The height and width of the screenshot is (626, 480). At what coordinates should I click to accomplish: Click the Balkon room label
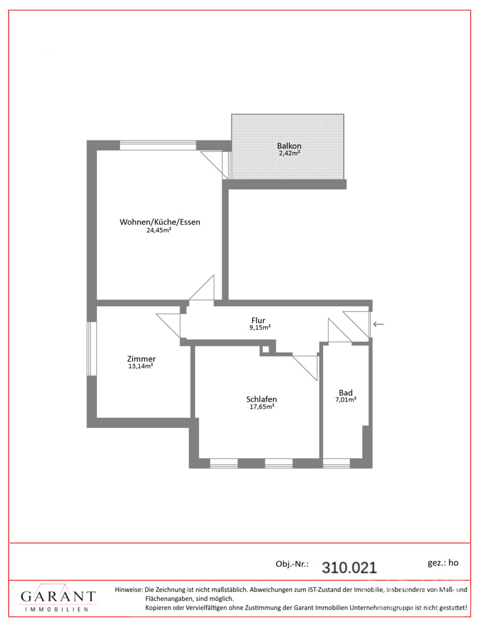point(289,146)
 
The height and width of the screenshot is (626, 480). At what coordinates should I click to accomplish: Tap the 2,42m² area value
point(289,153)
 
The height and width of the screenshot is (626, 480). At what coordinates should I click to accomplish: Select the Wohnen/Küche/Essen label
point(160,222)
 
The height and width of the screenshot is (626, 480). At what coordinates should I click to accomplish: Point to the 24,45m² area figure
point(159,230)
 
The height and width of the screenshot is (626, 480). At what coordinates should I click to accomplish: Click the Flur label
point(258,320)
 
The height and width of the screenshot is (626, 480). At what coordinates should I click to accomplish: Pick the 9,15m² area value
point(260,327)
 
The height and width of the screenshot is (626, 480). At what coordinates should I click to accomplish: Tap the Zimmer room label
point(141,359)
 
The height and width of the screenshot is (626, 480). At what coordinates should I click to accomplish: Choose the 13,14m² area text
point(140,366)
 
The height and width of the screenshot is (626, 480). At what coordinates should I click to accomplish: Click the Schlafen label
point(262,400)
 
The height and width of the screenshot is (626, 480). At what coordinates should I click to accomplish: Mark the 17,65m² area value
point(262,407)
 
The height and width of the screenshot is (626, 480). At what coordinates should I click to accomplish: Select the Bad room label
point(346,393)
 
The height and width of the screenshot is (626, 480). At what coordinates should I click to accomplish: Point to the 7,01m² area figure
point(346,400)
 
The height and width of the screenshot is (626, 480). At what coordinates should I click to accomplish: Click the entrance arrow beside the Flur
point(378,324)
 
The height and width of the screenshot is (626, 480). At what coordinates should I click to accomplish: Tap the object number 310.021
point(349,567)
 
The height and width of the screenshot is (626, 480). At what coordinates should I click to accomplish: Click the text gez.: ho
point(443,563)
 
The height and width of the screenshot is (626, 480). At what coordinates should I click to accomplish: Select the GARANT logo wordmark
point(58,596)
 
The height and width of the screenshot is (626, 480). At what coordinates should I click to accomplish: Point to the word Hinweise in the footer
point(129,589)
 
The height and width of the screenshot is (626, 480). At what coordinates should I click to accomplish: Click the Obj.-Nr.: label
point(292,564)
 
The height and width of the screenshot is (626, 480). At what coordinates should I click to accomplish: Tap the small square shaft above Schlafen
point(266,350)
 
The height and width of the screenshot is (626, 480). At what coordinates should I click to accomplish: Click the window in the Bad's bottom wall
point(336,463)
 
